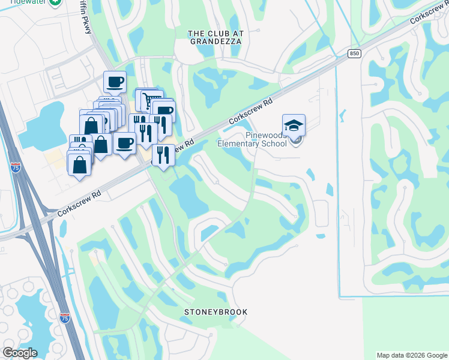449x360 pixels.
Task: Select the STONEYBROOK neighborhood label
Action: pos(216,313)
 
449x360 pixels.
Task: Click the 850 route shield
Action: pos(354,54)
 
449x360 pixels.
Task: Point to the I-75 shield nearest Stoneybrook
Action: pos(65,318)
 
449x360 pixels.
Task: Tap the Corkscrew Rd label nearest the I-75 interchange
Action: pos(79,203)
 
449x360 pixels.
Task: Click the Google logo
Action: pos(20,353)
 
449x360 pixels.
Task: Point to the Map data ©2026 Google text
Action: pos(411,355)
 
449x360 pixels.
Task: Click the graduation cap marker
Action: pos(294,125)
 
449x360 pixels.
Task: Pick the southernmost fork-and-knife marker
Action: pos(163,155)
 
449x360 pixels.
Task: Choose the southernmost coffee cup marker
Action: pos(125,143)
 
